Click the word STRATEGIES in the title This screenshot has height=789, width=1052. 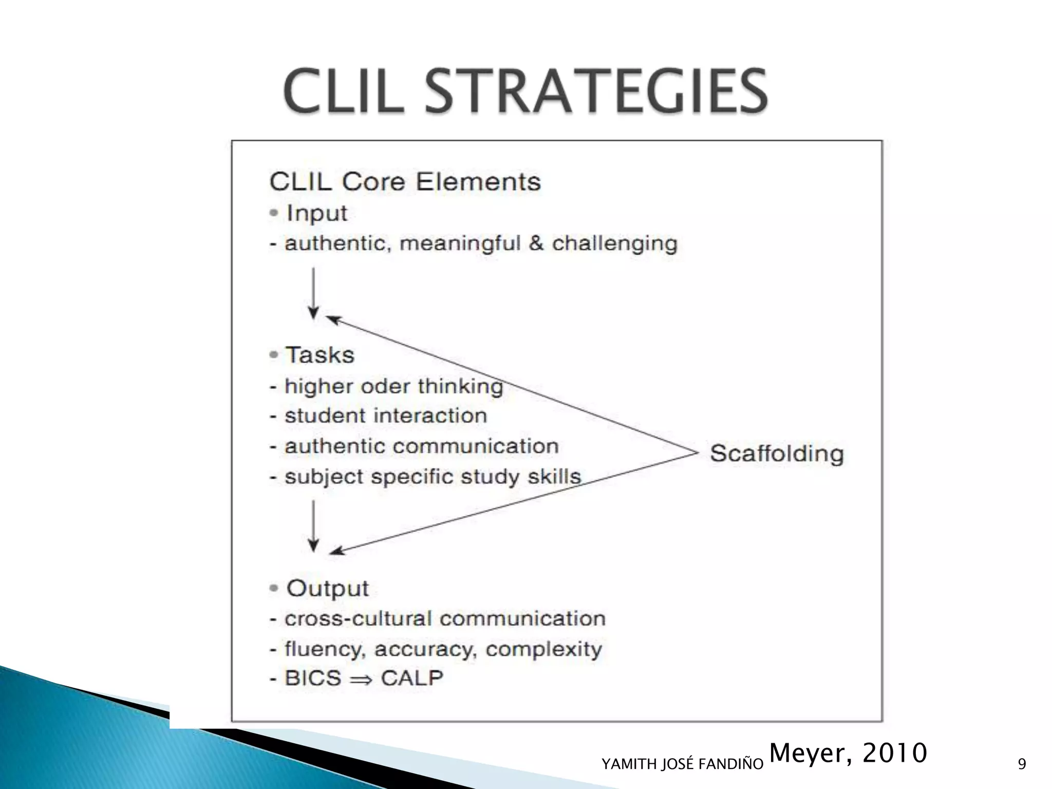pos(596,91)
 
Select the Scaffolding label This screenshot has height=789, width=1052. pos(777,454)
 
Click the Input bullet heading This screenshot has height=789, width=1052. pos(316,213)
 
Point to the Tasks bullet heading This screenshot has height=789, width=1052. pos(320,355)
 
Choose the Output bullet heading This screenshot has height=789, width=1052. pos(327,589)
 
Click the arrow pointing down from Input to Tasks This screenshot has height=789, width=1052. pos(313,293)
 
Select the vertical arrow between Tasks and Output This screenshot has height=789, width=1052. pos(313,526)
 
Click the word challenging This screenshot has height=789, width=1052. pos(614,243)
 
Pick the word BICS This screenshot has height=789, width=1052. pos(313,678)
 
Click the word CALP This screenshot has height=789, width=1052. pos(412,678)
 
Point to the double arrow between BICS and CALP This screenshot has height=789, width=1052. pos(361,679)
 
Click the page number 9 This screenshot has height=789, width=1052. pos(1022,764)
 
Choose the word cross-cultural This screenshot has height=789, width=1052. pos(359,618)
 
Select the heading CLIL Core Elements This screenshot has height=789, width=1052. pos(405,182)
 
